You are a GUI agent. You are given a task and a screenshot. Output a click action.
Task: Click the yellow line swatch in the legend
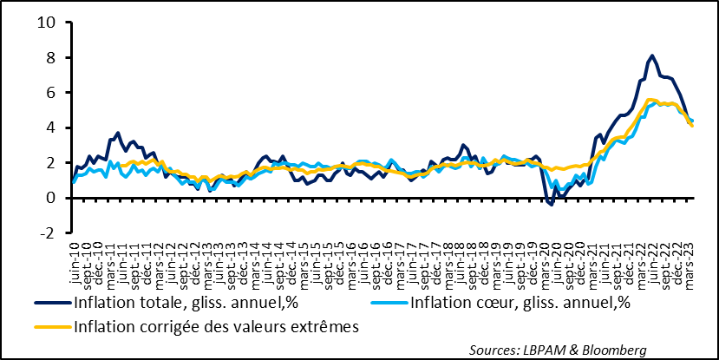(x=53, y=327)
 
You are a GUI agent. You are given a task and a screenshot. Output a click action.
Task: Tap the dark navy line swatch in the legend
(x=53, y=304)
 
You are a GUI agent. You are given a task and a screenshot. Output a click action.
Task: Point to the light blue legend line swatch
(x=387, y=304)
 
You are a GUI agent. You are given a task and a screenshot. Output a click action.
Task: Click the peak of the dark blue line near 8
(x=651, y=56)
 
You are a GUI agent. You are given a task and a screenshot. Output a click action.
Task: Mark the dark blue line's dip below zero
(x=550, y=204)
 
